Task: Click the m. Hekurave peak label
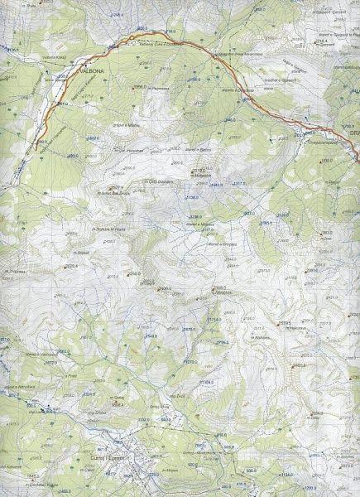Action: click(x=144, y=151)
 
